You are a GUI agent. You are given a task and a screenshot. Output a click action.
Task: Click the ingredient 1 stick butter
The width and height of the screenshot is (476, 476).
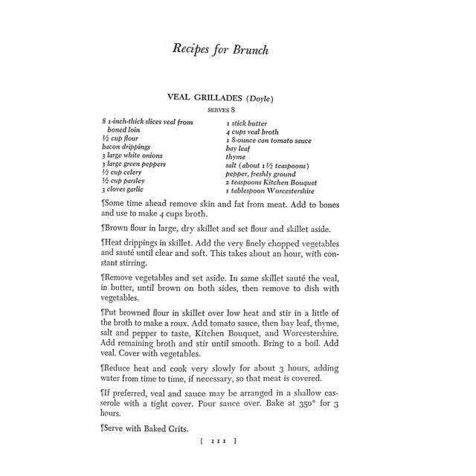click(247, 123)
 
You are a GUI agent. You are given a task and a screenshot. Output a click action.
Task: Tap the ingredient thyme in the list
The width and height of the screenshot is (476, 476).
click(237, 157)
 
